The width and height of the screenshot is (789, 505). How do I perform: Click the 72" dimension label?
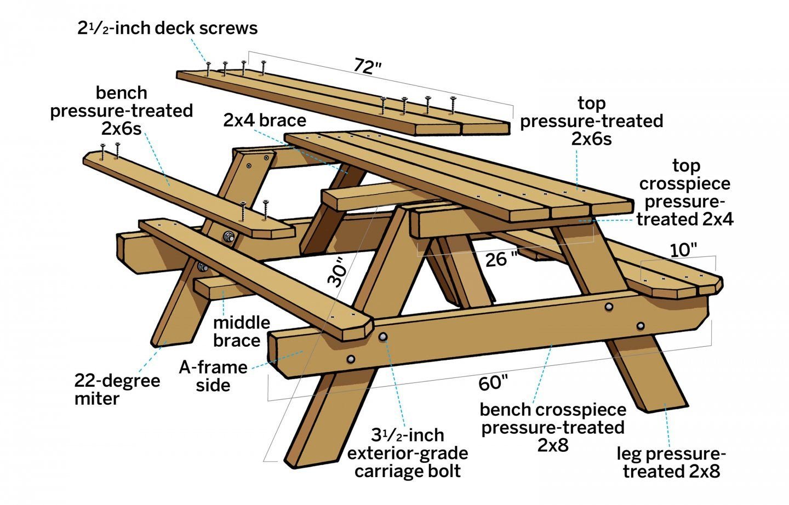coord(367,67)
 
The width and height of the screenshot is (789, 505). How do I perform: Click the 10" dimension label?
coord(683,250)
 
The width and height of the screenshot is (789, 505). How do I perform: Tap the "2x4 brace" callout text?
coord(265,120)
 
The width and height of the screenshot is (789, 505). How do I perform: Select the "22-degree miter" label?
coord(117,389)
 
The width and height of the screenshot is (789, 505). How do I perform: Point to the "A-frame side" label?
coord(213,376)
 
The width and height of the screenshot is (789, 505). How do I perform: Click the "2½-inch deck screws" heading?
coord(168,28)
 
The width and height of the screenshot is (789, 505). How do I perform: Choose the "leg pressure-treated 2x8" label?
coord(671,462)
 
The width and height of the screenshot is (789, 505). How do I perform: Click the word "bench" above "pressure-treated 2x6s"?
coord(122,93)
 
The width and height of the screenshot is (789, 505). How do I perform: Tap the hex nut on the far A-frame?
coord(228,238)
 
